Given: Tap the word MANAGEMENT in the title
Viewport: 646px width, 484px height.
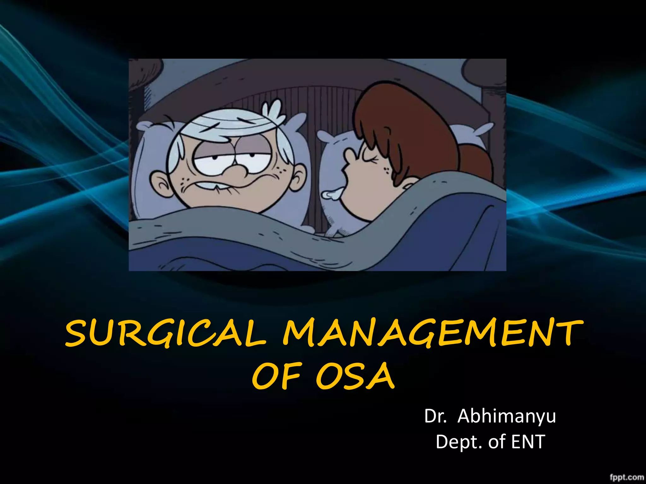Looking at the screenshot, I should click(x=432, y=333).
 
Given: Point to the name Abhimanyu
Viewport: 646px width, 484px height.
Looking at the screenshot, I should click(x=506, y=416).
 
